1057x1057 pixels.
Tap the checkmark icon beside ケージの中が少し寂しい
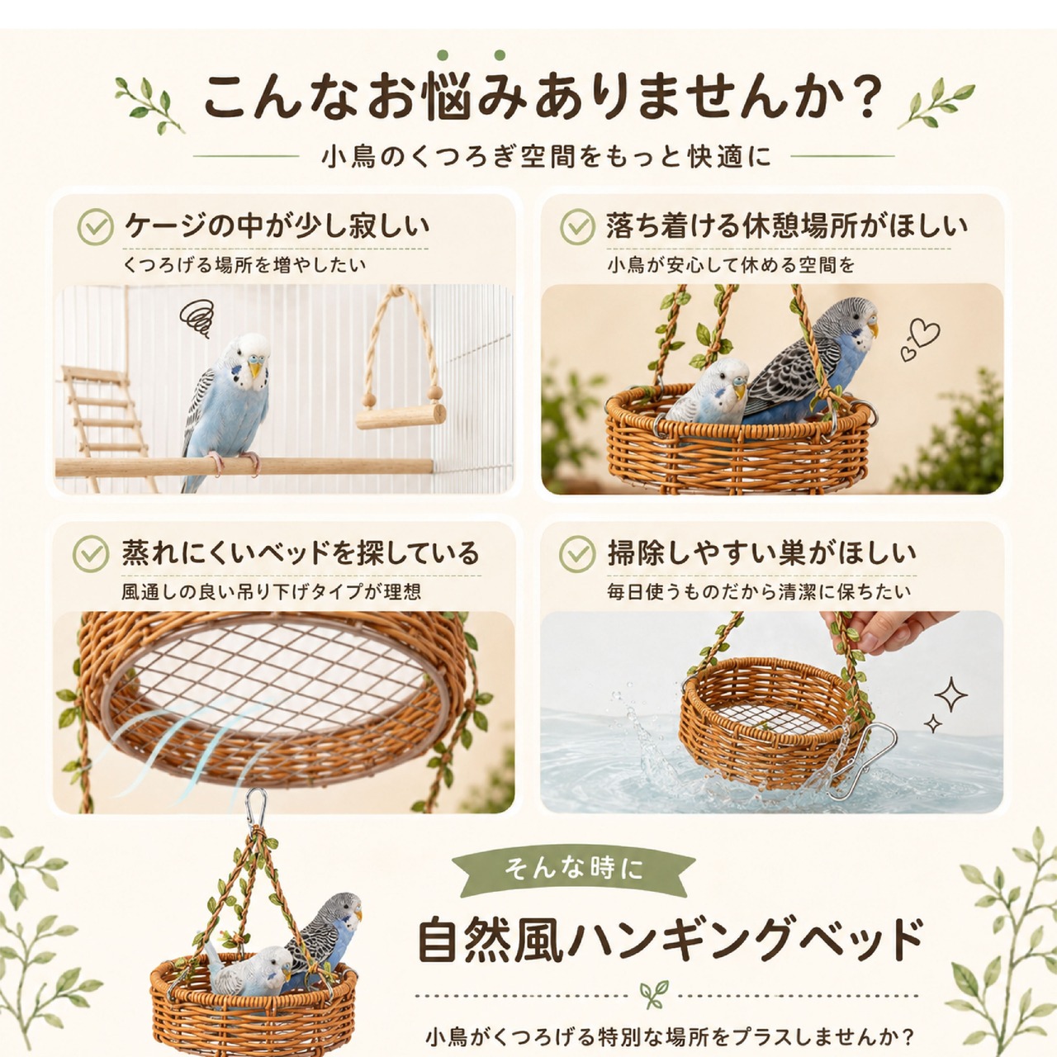tap(96, 227)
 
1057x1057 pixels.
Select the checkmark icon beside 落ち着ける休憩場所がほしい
tap(577, 227)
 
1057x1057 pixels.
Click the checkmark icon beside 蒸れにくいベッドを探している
tap(91, 554)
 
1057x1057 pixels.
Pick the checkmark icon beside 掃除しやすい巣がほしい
tap(577, 554)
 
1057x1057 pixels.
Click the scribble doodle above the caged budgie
tap(197, 318)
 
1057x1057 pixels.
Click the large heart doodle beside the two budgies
tap(926, 332)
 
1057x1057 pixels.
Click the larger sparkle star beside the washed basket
tap(950, 695)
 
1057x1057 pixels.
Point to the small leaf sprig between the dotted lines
tap(654, 994)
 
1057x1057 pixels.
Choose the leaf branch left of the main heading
tap(147, 105)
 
